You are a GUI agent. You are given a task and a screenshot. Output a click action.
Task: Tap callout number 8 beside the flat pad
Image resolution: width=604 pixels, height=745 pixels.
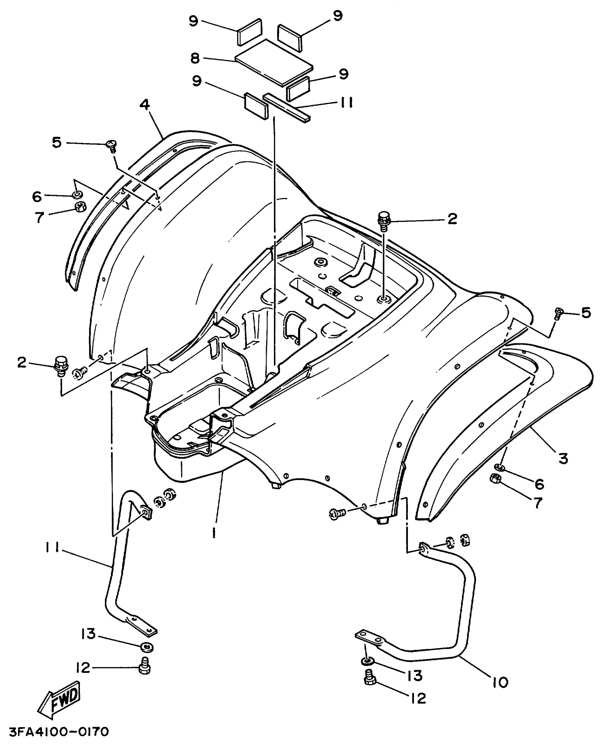point(195,58)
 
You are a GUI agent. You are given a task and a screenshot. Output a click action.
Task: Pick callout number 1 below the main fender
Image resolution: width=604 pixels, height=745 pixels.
point(214,532)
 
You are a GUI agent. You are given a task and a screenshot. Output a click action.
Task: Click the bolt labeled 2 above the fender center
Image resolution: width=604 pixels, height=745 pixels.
point(384,219)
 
